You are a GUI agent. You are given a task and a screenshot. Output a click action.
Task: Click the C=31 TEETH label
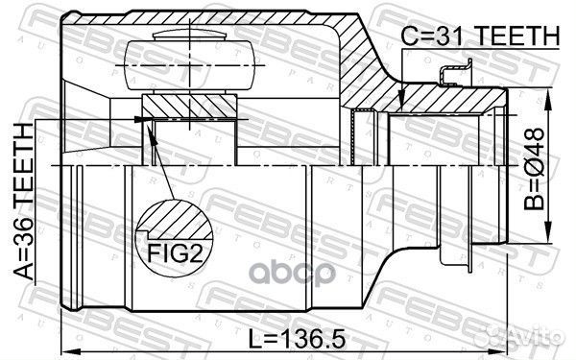[479, 36]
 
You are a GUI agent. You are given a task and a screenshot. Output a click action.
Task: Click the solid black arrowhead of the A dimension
[145, 120]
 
